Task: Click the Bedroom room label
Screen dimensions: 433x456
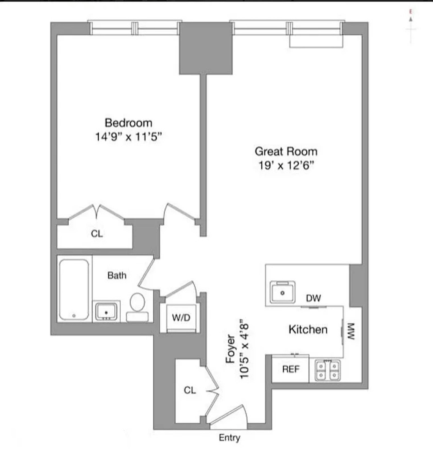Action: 129,123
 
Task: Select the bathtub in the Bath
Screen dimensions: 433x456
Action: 74,290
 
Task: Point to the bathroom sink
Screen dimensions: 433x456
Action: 106,311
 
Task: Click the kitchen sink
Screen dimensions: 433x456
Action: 282,292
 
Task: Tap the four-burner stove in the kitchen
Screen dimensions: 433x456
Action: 328,371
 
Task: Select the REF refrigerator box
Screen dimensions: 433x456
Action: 290,369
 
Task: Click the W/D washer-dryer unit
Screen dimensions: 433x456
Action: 181,318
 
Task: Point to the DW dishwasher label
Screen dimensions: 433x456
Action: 313,298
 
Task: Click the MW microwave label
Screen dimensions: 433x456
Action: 351,331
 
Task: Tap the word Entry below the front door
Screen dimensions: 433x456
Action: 229,438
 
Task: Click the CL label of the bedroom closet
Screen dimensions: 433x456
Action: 97,234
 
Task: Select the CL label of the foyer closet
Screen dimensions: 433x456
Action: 190,390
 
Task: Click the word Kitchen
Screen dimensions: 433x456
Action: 308,329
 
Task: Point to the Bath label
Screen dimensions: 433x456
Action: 117,275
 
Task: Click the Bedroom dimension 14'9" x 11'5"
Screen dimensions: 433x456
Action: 128,137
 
